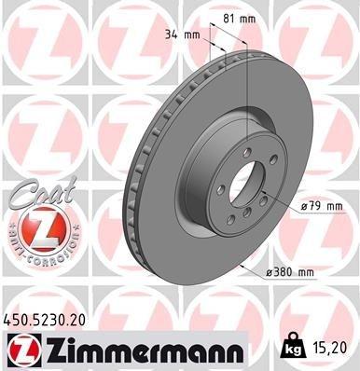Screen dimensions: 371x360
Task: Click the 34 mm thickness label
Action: tap(180, 34)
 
